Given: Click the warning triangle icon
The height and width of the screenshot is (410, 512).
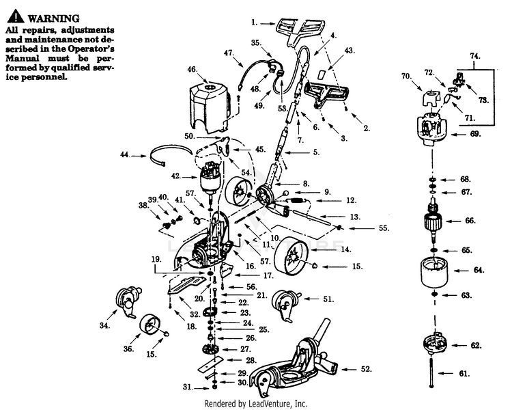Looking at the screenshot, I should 14,17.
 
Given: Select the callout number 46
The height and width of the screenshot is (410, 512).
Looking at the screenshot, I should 192,69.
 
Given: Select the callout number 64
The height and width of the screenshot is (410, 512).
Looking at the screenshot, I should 480,271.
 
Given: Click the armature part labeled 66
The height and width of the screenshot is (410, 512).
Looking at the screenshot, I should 435,220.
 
